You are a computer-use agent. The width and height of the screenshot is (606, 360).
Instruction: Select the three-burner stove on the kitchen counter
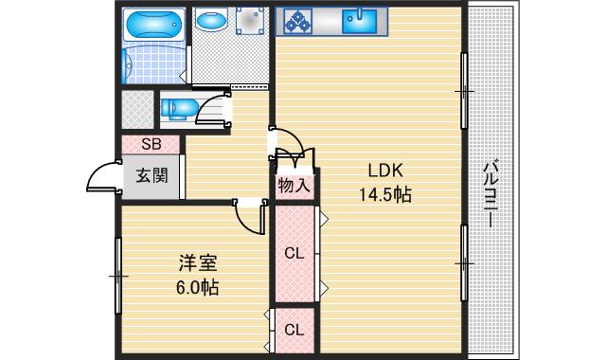click(297, 20)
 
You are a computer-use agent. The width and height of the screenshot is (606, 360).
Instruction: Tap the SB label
click(151, 145)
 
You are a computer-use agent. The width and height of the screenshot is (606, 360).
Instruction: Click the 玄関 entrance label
click(151, 175)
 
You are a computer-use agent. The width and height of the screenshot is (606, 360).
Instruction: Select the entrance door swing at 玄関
click(102, 176)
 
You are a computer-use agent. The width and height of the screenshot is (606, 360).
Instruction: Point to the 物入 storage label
click(294, 186)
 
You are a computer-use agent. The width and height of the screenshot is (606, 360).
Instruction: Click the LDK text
click(386, 171)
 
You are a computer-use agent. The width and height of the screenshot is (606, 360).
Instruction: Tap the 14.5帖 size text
click(386, 194)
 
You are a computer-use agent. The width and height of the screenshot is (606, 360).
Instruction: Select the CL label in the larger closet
click(294, 253)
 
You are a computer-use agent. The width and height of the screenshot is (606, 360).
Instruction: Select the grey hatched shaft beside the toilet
click(136, 109)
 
